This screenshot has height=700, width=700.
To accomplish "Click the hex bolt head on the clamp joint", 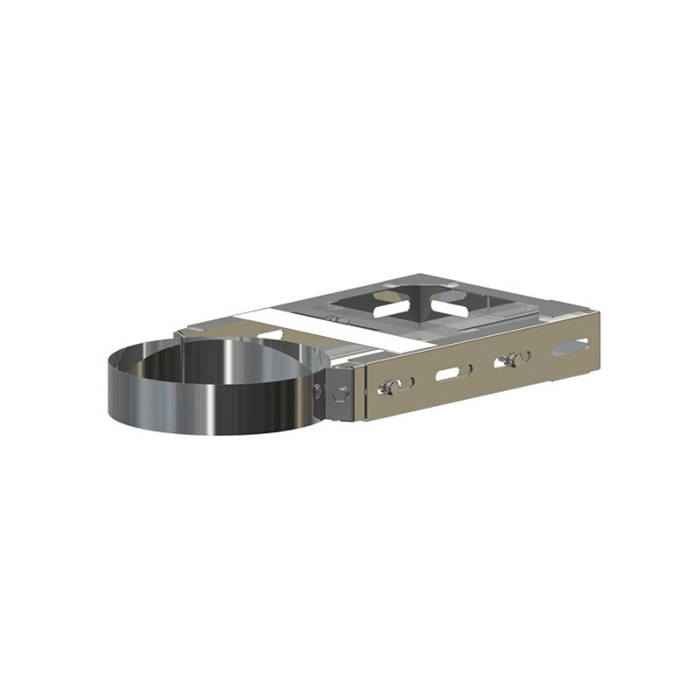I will pyautogui.click(x=342, y=394).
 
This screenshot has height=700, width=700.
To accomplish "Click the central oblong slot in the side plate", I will pyautogui.click(x=447, y=374).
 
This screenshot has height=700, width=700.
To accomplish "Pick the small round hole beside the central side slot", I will pyautogui.click(x=471, y=368).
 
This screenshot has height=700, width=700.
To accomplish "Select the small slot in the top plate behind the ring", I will pyautogui.click(x=271, y=333).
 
